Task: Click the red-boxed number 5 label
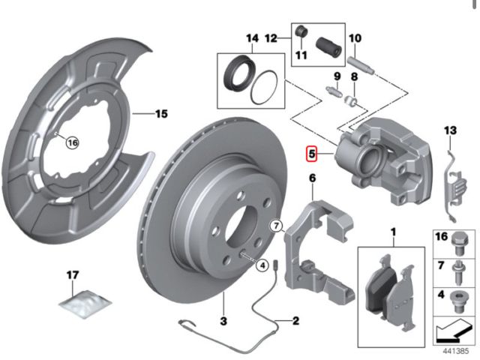pyautogui.click(x=312, y=153)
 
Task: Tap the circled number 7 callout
pyautogui.click(x=276, y=226)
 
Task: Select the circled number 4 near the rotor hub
pyautogui.click(x=262, y=265)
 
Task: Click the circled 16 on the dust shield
pyautogui.click(x=73, y=142)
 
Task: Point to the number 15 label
pyautogui.click(x=162, y=114)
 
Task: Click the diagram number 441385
pyautogui.click(x=455, y=351)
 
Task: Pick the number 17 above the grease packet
pyautogui.click(x=73, y=275)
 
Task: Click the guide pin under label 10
pyautogui.click(x=361, y=65)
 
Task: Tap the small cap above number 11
pyautogui.click(x=301, y=31)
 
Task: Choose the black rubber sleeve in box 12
pyautogui.click(x=328, y=47)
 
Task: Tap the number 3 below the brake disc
pyautogui.click(x=223, y=321)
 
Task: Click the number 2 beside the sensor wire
pyautogui.click(x=295, y=320)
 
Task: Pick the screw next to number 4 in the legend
pyautogui.click(x=457, y=301)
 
